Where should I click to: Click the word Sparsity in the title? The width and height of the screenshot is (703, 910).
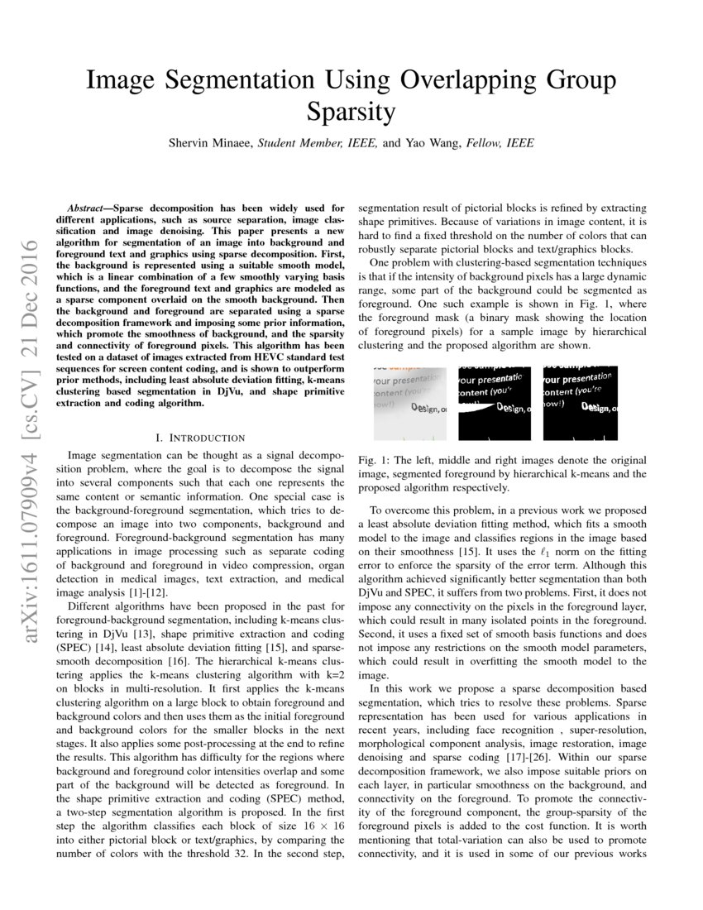pos(351,110)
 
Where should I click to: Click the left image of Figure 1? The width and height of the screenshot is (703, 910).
pos(409,404)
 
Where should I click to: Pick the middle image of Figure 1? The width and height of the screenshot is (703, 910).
pos(495,404)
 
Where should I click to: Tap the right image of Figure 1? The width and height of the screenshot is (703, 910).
pos(580,404)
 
